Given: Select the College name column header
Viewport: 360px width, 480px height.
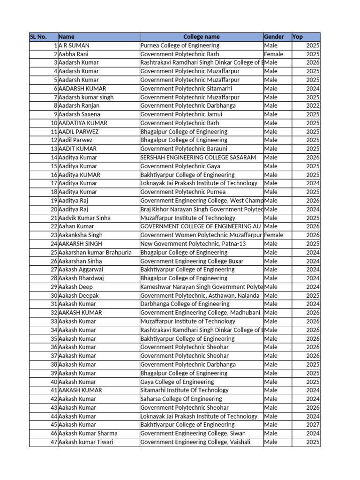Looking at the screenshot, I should coord(201,37).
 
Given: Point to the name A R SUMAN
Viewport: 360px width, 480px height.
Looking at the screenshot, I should coord(74,45).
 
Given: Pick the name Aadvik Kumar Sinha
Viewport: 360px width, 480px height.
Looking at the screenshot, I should coord(84,218).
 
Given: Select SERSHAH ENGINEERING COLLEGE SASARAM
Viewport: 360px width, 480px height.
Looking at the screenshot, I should coord(198,157).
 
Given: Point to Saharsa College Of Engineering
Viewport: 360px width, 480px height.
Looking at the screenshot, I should coord(181,399).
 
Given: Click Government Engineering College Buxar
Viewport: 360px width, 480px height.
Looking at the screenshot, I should coord(192,261).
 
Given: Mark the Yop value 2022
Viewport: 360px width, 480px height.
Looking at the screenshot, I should coord(313,106).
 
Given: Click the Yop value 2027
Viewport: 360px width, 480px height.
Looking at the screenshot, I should coord(313,425).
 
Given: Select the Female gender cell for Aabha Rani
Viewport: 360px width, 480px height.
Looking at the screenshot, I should coord(274,54).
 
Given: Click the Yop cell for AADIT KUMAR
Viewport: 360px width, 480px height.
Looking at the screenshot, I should coord(313,149).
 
